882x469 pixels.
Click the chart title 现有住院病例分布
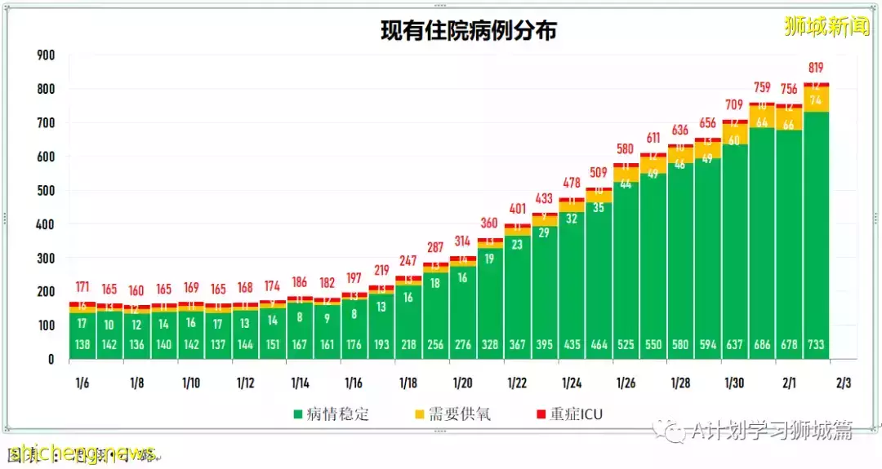tap(468, 31)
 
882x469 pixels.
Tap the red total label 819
tap(816, 68)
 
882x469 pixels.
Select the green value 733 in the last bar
tap(816, 345)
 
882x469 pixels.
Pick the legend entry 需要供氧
tap(454, 414)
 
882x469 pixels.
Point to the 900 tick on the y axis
tap(46, 55)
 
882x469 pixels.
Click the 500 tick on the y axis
tap(46, 191)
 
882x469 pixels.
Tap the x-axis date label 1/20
tap(462, 383)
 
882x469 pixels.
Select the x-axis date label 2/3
tap(843, 383)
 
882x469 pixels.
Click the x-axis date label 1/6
tap(83, 383)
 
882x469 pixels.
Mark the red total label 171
tap(83, 288)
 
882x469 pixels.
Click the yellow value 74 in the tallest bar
tap(816, 100)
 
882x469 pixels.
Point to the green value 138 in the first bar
tap(83, 345)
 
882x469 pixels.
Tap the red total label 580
tap(626, 149)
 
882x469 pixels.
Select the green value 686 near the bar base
tap(762, 345)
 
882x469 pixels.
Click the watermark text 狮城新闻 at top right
tap(826, 27)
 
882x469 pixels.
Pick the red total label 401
tap(517, 210)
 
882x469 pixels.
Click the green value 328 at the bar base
tap(490, 345)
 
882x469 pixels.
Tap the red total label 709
tap(735, 105)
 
